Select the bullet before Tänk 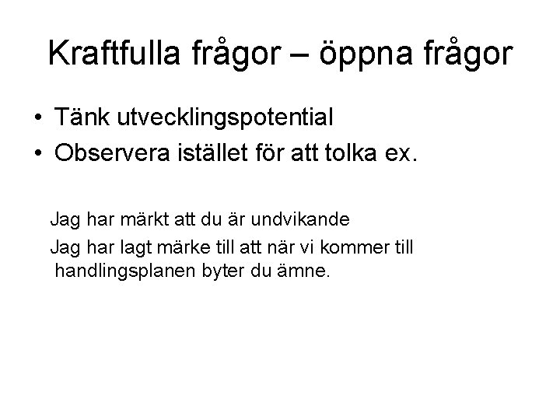(x=38, y=118)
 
